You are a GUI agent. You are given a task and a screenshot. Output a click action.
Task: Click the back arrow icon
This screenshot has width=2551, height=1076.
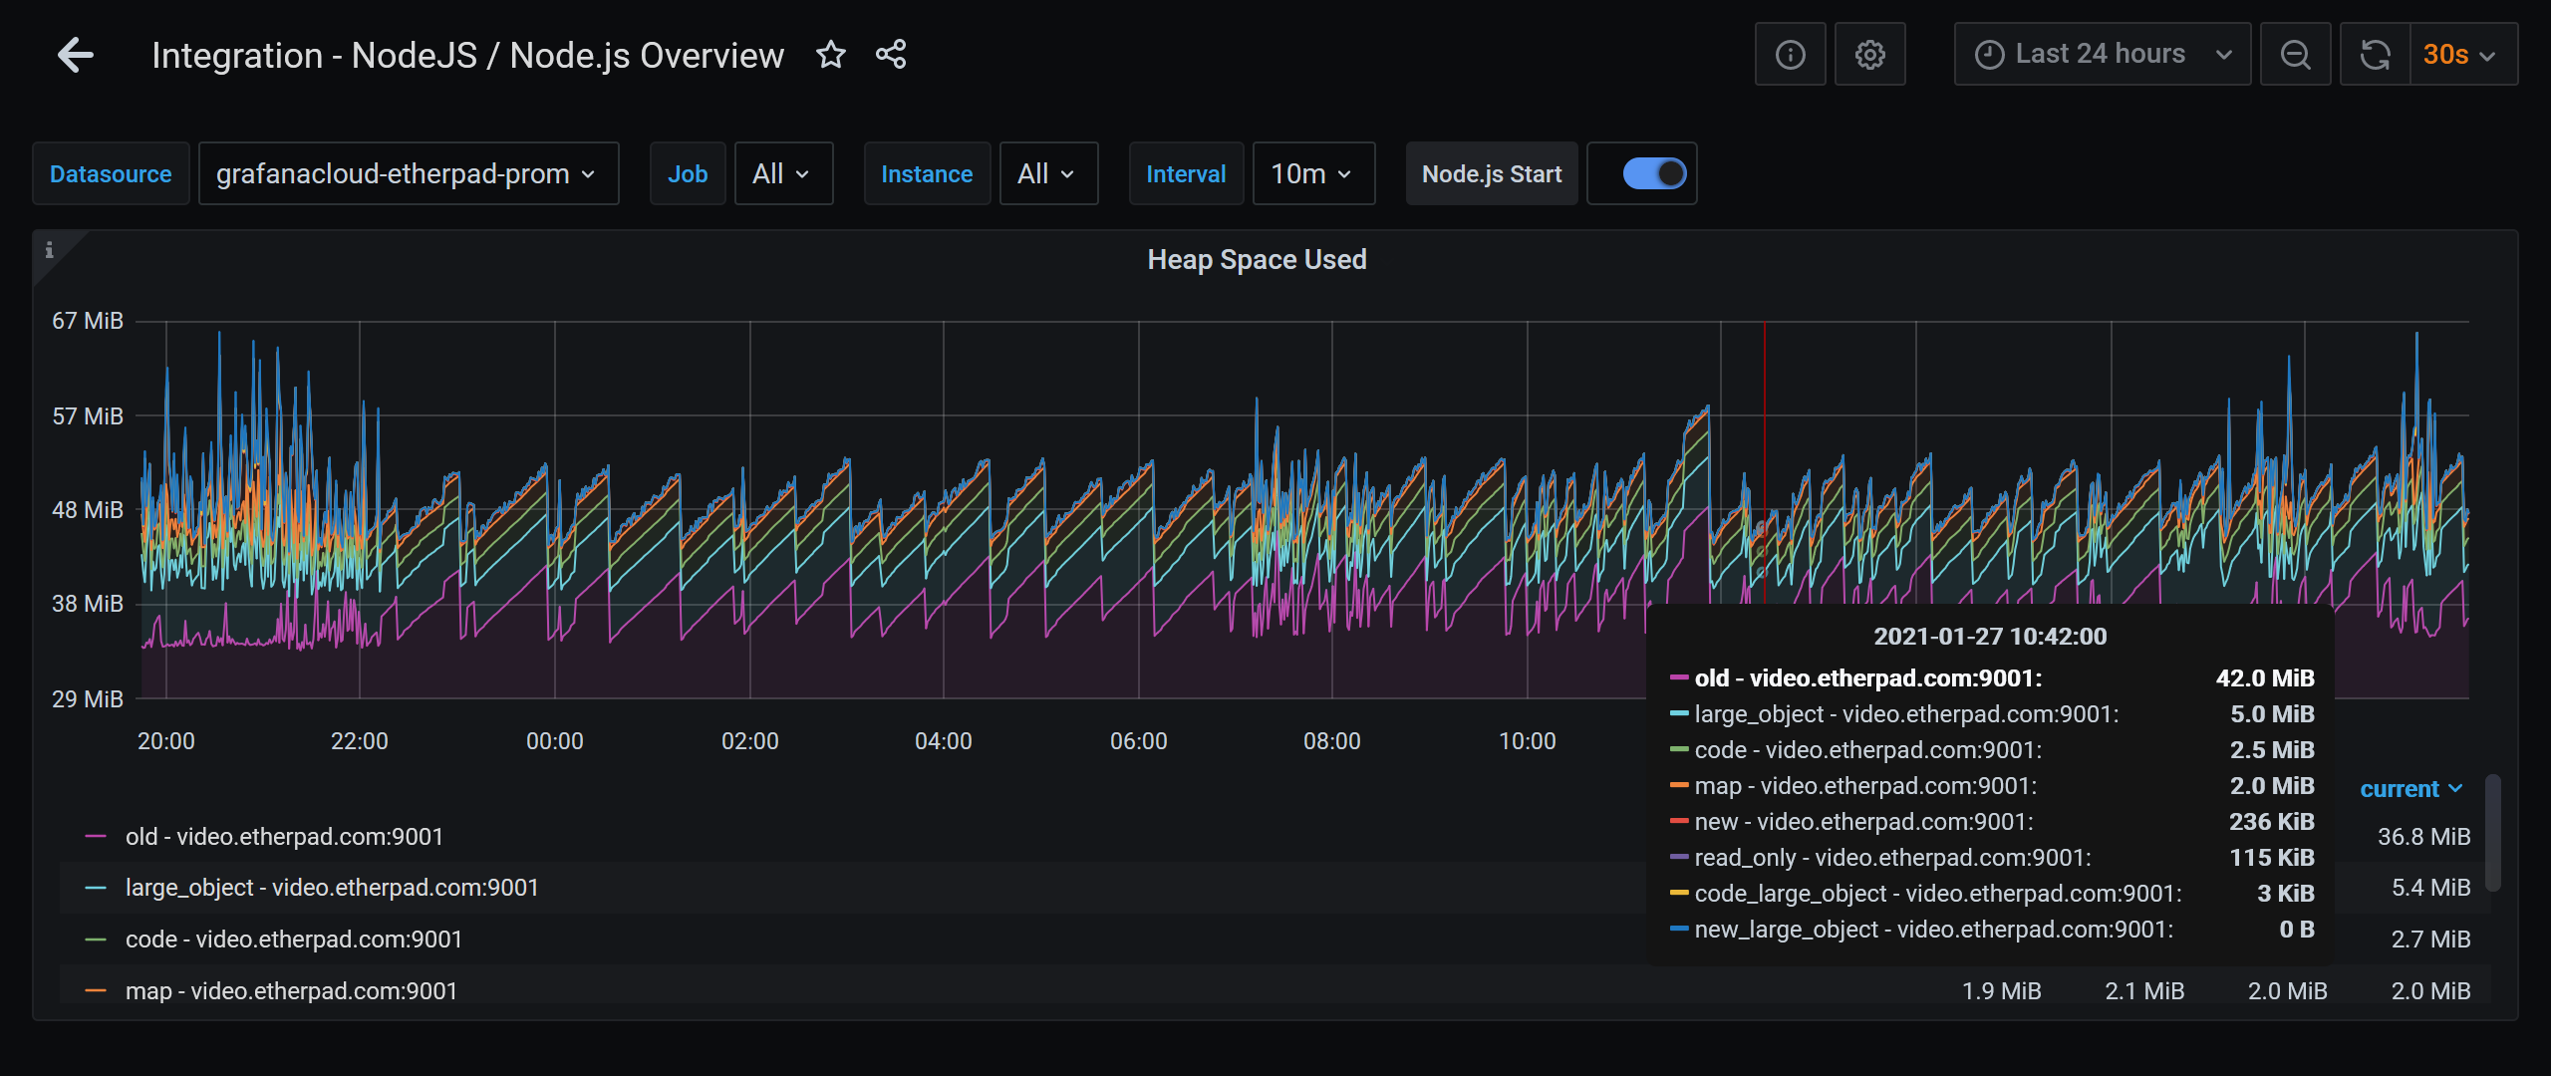click(x=76, y=55)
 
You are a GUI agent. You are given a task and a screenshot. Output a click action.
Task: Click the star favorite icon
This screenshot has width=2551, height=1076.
click(x=830, y=55)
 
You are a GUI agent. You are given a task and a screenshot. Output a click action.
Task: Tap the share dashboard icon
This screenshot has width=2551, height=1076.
click(x=891, y=55)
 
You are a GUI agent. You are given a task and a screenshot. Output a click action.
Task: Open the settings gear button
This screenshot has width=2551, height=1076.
click(x=1869, y=55)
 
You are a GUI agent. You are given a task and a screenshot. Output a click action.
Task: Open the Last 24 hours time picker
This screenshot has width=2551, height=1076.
click(x=2102, y=55)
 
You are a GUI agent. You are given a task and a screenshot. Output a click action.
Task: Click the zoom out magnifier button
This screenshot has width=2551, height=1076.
click(x=2295, y=55)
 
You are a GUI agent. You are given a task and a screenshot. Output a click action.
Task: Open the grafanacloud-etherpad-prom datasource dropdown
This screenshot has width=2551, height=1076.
click(x=408, y=174)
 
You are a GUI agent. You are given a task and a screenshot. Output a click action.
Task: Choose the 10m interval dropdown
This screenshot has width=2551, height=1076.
click(x=1312, y=174)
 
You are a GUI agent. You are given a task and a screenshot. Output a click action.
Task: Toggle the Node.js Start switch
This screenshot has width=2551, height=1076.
click(x=1654, y=174)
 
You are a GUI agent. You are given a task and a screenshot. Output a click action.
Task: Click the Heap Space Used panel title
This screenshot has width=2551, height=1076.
click(x=1257, y=260)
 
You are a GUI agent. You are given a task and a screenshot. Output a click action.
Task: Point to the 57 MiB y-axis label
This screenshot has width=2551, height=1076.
click(x=88, y=416)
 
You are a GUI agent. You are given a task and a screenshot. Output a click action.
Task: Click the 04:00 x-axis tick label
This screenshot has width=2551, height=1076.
click(x=943, y=741)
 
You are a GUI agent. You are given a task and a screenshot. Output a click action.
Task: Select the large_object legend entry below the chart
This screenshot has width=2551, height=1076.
click(x=331, y=888)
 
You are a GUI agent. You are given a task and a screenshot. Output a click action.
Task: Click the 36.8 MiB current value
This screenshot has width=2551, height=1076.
click(x=2423, y=837)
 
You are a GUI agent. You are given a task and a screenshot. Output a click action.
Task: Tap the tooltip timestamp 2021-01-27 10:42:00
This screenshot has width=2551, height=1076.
click(x=1989, y=637)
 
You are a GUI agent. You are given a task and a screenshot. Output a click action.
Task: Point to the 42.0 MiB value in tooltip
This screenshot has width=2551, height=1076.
click(x=2264, y=678)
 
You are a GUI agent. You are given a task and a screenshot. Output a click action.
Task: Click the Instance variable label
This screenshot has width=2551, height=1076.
click(x=926, y=174)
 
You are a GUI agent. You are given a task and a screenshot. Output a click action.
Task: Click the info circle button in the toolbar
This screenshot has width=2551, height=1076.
click(x=1790, y=55)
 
